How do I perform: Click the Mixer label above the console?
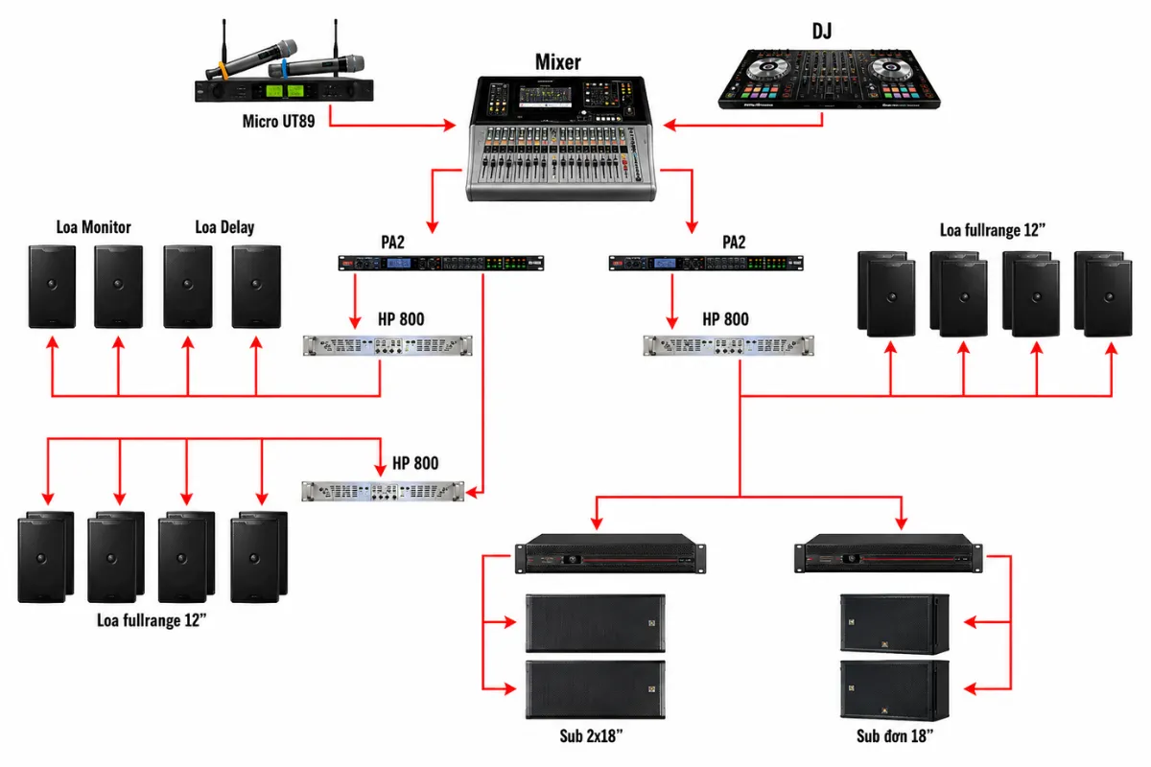pos(558,62)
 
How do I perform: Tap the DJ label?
pos(822,32)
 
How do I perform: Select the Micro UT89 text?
pos(278,121)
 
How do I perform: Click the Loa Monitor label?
pos(94,227)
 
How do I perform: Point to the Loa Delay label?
pos(224,227)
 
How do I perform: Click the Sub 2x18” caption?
pos(591,735)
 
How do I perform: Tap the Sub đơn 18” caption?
pos(895,735)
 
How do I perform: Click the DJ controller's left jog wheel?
pos(767,67)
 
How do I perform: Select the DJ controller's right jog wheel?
pos(890,67)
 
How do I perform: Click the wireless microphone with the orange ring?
pos(251,59)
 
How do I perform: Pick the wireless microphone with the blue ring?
pos(316,66)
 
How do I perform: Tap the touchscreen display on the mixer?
pos(545,97)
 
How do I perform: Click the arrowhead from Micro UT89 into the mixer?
pos(450,125)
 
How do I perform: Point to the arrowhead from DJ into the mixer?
pos(669,125)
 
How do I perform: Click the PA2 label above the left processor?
pos(392,242)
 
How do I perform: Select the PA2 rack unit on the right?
pos(706,263)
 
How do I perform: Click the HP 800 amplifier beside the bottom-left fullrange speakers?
pos(383,491)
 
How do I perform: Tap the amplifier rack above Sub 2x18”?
pos(610,554)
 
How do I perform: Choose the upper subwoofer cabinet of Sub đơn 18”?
pos(895,624)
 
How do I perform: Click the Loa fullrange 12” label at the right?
pos(993,230)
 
